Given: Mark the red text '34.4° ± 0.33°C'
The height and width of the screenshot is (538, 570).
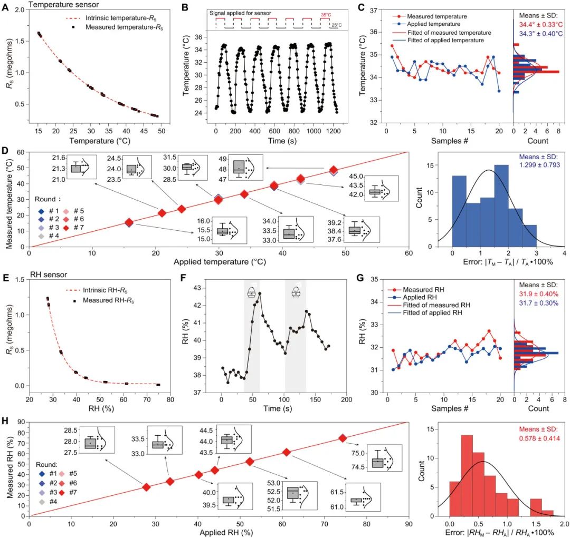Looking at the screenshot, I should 539,24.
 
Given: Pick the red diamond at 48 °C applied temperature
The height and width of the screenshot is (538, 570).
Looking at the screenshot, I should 333,170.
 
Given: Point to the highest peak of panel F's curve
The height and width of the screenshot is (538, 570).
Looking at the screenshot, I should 259,294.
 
